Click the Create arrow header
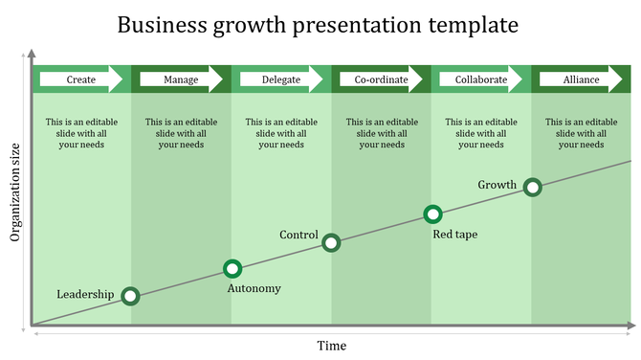[81, 79]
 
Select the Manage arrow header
[182, 79]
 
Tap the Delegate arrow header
[281, 79]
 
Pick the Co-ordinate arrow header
[381, 79]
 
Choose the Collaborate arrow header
[481, 79]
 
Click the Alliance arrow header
[582, 79]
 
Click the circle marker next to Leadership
[131, 297]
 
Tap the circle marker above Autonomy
[232, 269]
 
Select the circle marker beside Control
[331, 242]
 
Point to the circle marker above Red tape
[432, 214]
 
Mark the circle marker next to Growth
[533, 188]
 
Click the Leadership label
[85, 294]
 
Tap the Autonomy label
[254, 288]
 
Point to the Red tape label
[454, 234]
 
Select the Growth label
[497, 185]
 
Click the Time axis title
[332, 345]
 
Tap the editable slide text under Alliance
[581, 133]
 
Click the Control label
[298, 235]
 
